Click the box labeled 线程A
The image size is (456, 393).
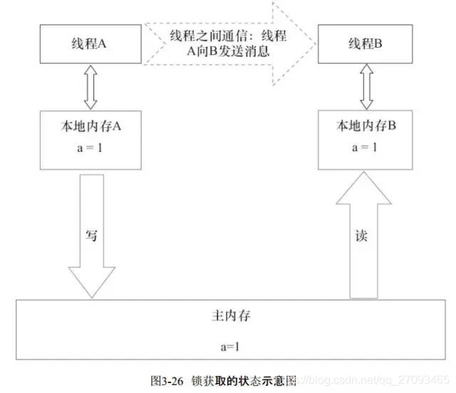(89, 43)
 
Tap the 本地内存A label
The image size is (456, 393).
(90, 127)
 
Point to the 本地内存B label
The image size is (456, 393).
(366, 127)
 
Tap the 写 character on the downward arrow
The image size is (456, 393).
(90, 236)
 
